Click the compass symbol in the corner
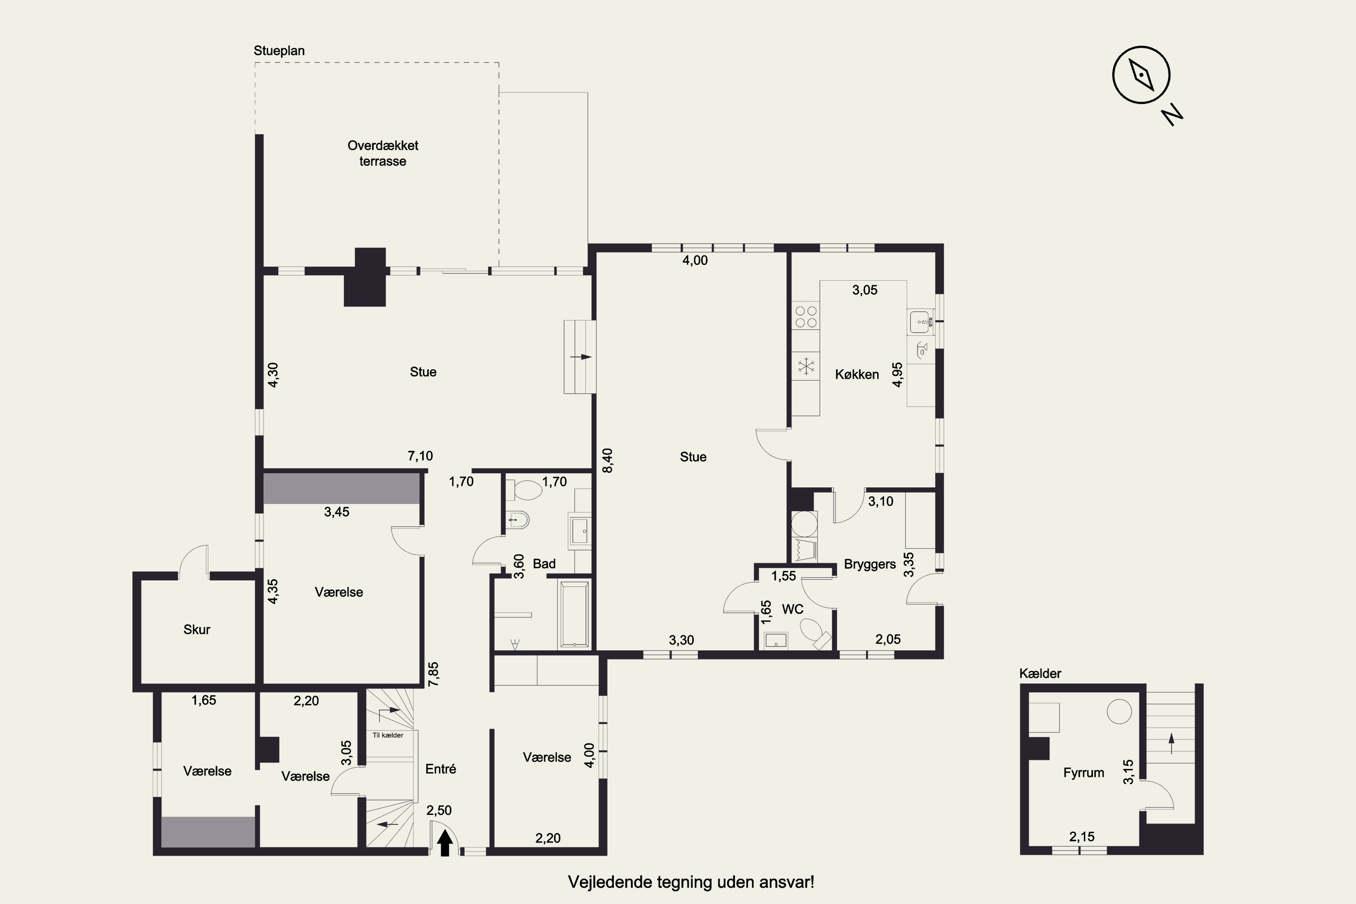pyautogui.click(x=1141, y=75)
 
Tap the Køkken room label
pyautogui.click(x=857, y=375)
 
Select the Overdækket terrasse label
pyautogui.click(x=383, y=153)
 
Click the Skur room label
pyautogui.click(x=197, y=630)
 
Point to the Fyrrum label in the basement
pyautogui.click(x=1083, y=773)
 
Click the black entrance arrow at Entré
pyautogui.click(x=444, y=843)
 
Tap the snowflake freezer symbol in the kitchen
pyautogui.click(x=805, y=366)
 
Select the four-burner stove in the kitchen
pyautogui.click(x=805, y=316)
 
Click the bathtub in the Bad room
pyautogui.click(x=574, y=615)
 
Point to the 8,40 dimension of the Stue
pyautogui.click(x=607, y=461)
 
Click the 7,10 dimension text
pyautogui.click(x=420, y=456)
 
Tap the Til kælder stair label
pyautogui.click(x=388, y=735)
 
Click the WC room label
pyautogui.click(x=792, y=609)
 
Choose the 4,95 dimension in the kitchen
pyautogui.click(x=897, y=375)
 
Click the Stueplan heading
pyautogui.click(x=279, y=51)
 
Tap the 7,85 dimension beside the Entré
pyautogui.click(x=433, y=674)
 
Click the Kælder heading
pyautogui.click(x=1040, y=673)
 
